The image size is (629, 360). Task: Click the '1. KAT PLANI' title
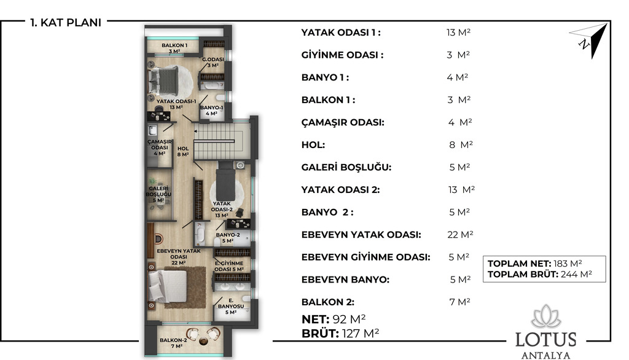(66, 23)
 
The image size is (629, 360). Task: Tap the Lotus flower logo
(545, 316)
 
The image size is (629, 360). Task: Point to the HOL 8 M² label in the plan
(183, 151)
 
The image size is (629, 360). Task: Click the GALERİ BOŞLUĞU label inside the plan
(158, 194)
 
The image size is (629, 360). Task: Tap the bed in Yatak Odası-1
(163, 80)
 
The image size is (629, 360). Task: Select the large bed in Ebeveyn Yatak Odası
(168, 286)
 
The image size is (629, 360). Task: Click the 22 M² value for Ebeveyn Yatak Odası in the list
(460, 235)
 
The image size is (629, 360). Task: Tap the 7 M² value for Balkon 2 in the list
(459, 302)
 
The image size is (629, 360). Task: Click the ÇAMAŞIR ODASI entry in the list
(343, 122)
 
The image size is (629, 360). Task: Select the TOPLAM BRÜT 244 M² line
(539, 275)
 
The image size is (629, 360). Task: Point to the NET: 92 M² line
(334, 319)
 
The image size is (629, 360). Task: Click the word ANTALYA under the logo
(545, 355)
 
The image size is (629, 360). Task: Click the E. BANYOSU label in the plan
(231, 306)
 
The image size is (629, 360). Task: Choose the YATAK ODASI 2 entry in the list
(340, 190)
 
